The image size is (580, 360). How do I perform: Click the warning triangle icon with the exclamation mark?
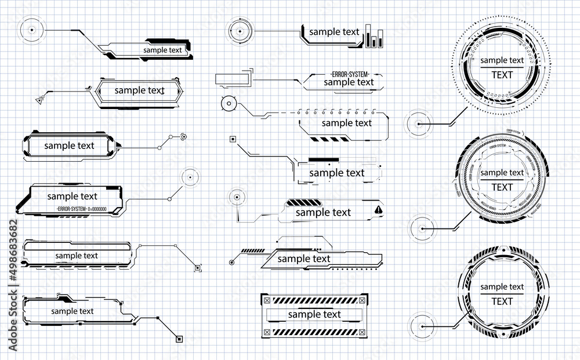point(378,210)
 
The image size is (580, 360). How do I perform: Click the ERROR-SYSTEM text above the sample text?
point(349,74)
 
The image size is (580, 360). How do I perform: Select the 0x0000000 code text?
point(97,208)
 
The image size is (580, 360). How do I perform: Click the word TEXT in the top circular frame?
point(502,75)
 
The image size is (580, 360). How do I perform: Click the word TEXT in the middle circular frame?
point(502,187)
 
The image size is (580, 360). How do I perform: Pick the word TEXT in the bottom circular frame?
point(502,301)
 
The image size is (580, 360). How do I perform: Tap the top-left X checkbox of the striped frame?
point(266,300)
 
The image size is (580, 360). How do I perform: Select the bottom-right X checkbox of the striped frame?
point(363,332)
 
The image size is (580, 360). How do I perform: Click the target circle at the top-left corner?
point(31,28)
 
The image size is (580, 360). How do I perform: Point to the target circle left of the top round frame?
point(419,123)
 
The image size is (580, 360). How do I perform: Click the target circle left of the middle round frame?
point(422,230)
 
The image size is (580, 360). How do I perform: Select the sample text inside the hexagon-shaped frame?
point(139,90)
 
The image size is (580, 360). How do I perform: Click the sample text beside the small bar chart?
point(334,32)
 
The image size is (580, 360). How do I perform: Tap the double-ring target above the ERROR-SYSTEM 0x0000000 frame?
point(187,176)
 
